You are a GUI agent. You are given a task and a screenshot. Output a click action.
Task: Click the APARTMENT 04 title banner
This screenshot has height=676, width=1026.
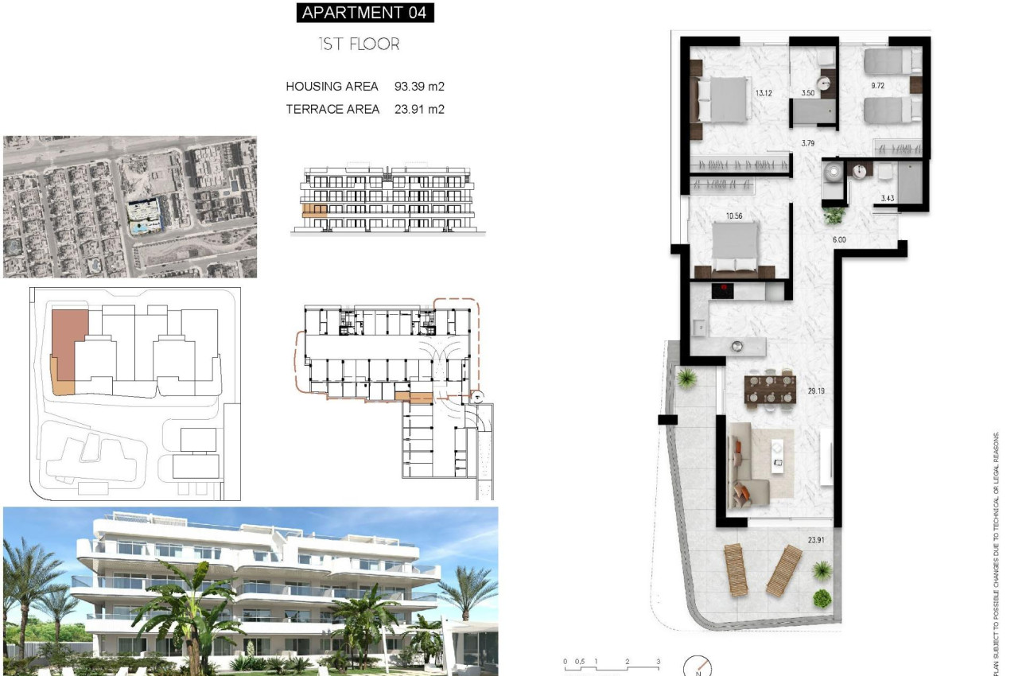click(x=365, y=13)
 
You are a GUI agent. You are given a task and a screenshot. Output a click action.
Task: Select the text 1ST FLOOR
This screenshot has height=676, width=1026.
click(x=359, y=45)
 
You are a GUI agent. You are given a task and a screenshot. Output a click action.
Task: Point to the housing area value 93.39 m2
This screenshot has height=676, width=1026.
click(x=419, y=86)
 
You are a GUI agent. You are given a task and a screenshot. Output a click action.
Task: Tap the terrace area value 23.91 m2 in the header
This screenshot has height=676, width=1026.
click(x=419, y=110)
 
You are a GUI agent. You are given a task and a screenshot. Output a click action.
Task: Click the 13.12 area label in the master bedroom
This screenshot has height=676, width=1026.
click(x=764, y=93)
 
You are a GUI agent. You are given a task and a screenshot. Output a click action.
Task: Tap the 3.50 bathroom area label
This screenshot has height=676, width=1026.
click(x=808, y=93)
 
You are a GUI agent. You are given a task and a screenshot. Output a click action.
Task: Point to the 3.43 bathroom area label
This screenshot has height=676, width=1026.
click(x=888, y=198)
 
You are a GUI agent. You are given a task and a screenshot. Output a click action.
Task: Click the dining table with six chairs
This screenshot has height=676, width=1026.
click(x=770, y=389)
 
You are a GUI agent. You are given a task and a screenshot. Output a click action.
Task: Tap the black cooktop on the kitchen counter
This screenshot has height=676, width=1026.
click(x=725, y=291)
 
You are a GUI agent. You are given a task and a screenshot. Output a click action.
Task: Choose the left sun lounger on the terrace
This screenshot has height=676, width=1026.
click(x=736, y=569)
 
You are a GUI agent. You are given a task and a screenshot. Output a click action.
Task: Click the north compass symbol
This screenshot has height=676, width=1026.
click(x=698, y=666)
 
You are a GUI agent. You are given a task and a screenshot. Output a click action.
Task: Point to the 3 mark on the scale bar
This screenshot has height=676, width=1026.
click(x=658, y=662)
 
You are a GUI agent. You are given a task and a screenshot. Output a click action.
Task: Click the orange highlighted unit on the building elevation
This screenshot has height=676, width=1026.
click(x=314, y=211)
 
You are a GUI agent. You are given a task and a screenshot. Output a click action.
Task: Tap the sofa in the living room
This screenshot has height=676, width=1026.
click(x=744, y=465)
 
